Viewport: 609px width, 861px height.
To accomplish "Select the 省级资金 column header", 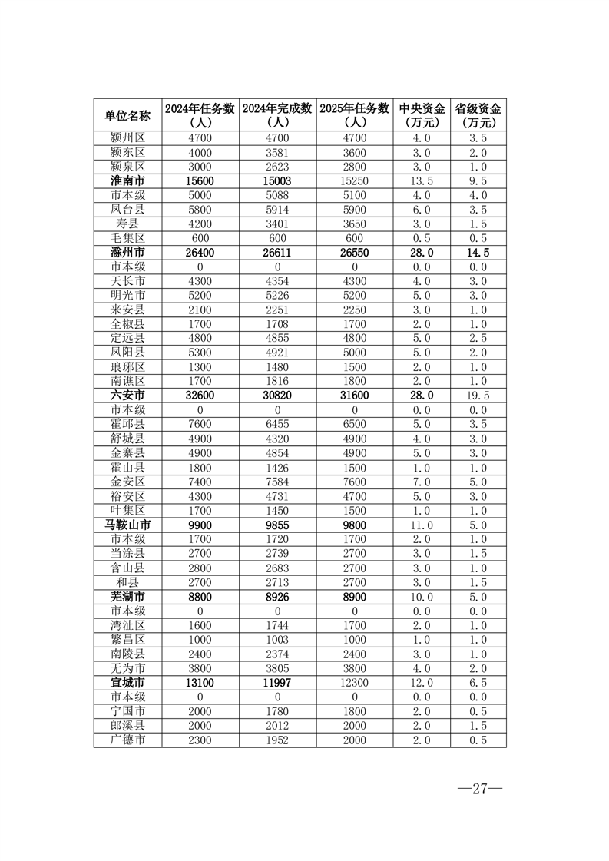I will (478, 115).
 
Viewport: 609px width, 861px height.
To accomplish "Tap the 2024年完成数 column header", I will (277, 115).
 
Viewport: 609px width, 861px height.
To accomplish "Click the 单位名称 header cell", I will (127, 115).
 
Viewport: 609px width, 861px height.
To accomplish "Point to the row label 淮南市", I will (127, 181).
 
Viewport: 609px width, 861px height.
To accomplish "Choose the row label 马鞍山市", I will (127, 525).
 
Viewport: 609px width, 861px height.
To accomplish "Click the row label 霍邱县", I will (127, 425).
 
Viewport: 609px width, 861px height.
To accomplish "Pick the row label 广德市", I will (127, 740).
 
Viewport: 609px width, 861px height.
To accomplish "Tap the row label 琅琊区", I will (127, 367).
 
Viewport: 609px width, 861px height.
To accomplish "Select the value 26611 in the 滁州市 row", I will (277, 253).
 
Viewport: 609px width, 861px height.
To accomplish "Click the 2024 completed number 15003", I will (277, 181).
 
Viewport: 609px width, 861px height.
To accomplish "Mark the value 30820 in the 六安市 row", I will (277, 396).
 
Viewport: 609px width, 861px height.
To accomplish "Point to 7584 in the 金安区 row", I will (277, 482).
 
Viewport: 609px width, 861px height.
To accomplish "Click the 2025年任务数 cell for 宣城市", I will (355, 683).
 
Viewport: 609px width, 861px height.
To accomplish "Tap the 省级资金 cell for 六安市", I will (478, 396).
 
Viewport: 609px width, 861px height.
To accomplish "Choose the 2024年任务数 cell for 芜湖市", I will (200, 597).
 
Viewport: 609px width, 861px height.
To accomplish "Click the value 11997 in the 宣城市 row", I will (277, 683).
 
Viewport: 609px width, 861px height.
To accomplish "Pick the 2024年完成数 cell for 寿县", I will (277, 224).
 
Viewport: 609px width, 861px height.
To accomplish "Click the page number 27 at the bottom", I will (480, 790).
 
